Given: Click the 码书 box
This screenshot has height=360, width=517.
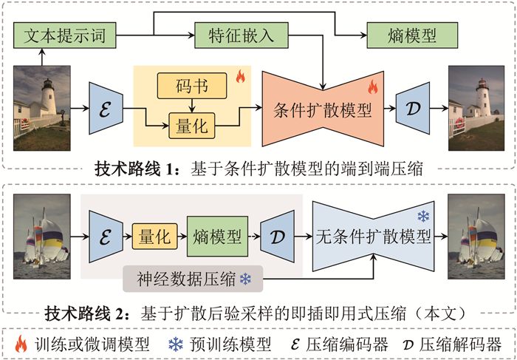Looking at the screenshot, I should [x=193, y=88].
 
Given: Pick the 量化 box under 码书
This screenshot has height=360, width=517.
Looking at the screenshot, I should [x=193, y=126].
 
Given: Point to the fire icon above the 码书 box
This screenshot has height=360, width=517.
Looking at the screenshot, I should [x=239, y=75].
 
